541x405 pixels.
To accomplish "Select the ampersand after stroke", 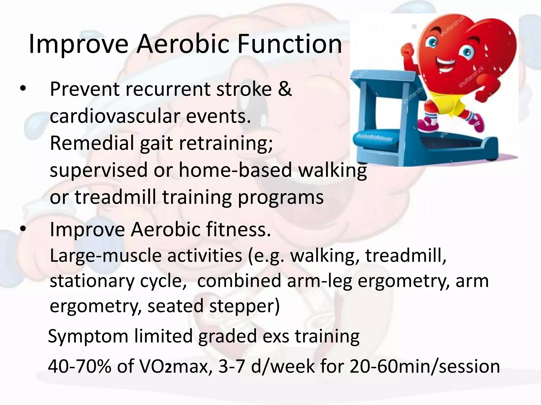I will click(285, 89).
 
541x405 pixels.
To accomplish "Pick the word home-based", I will click(235, 170).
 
